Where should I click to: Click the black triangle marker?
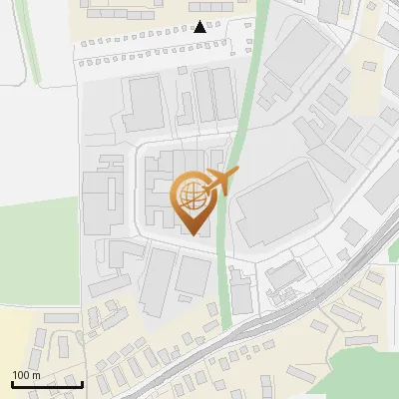(x=200, y=27)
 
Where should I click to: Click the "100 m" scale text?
(x=26, y=374)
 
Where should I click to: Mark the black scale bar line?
(x=46, y=384)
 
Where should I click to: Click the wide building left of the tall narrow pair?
(x=145, y=102)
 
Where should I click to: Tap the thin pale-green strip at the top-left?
(x=33, y=40)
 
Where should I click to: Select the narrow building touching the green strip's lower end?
(x=242, y=294)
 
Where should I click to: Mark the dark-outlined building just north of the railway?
(x=284, y=273)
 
